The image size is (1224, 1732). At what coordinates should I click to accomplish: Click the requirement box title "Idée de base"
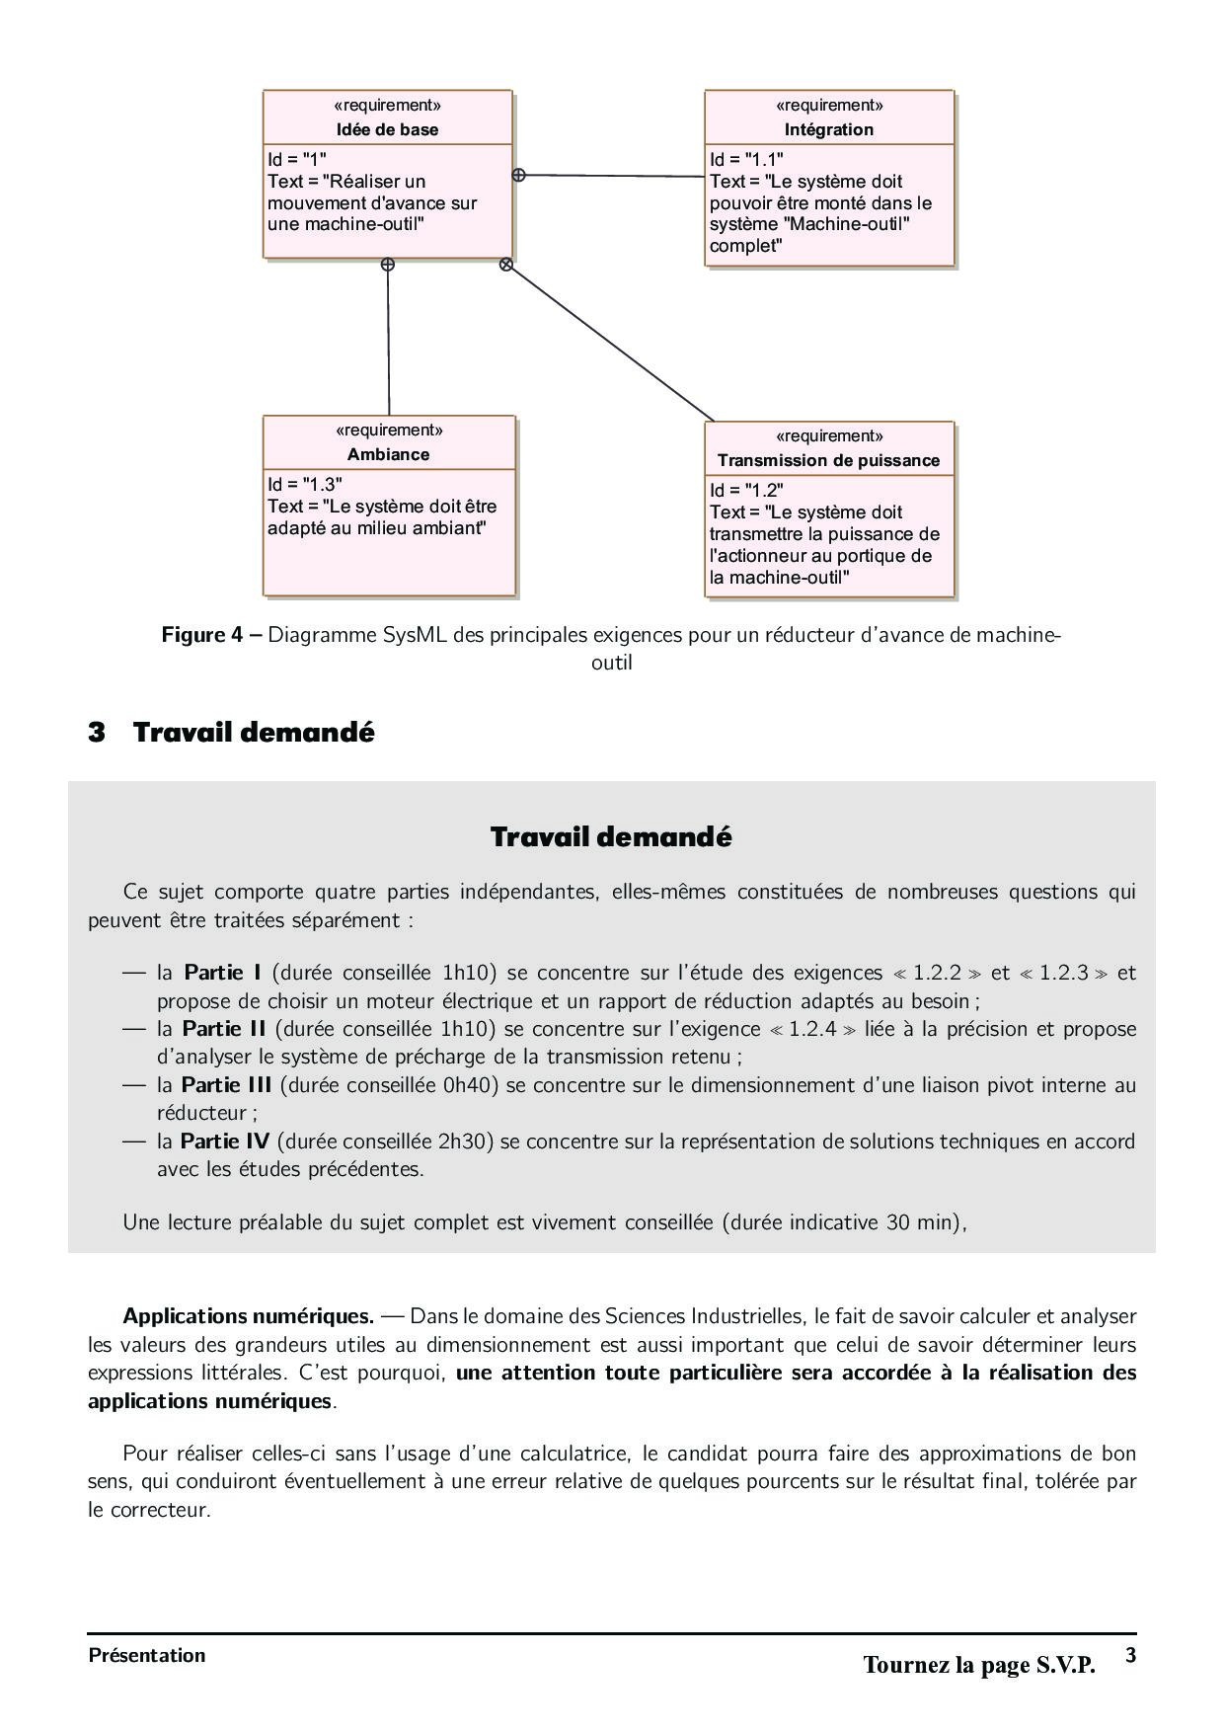[x=387, y=129]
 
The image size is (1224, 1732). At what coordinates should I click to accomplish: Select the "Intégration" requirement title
[x=828, y=129]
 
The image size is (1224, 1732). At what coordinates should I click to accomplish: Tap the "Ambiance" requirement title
[x=388, y=454]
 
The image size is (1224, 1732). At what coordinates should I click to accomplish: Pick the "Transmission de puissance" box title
[x=828, y=460]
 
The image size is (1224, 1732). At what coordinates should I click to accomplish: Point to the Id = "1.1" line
[x=746, y=159]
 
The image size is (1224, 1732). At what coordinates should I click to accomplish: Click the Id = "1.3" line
[x=305, y=484]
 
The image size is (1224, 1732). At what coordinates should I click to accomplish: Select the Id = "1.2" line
[x=746, y=490]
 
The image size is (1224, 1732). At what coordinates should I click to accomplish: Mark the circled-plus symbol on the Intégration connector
[x=518, y=175]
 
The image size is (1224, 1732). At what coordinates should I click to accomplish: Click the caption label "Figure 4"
[x=201, y=635]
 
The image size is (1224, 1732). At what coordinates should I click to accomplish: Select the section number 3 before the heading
[x=97, y=733]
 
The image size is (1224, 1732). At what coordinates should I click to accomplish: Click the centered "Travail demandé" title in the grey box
[x=611, y=837]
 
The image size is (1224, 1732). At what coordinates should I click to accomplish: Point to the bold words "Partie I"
[x=223, y=973]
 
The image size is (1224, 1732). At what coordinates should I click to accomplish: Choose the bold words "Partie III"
[x=226, y=1085]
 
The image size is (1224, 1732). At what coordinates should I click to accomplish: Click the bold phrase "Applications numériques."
[x=248, y=1316]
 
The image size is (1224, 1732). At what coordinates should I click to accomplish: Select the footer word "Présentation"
[x=147, y=1656]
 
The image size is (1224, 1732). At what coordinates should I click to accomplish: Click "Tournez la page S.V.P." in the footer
[x=979, y=1665]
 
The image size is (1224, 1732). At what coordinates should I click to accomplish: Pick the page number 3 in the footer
[x=1131, y=1656]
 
